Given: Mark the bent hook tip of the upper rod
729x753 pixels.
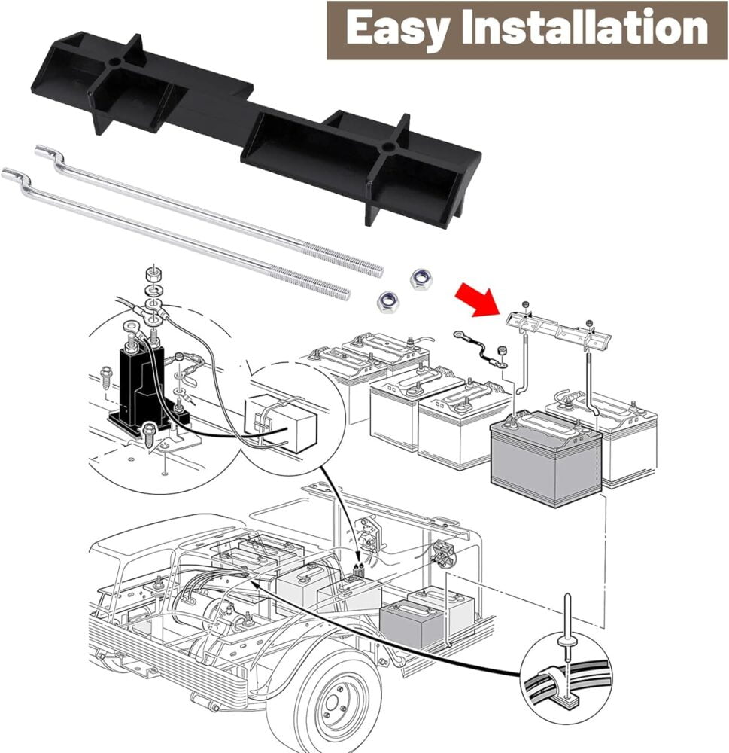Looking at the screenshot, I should click(x=44, y=151).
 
